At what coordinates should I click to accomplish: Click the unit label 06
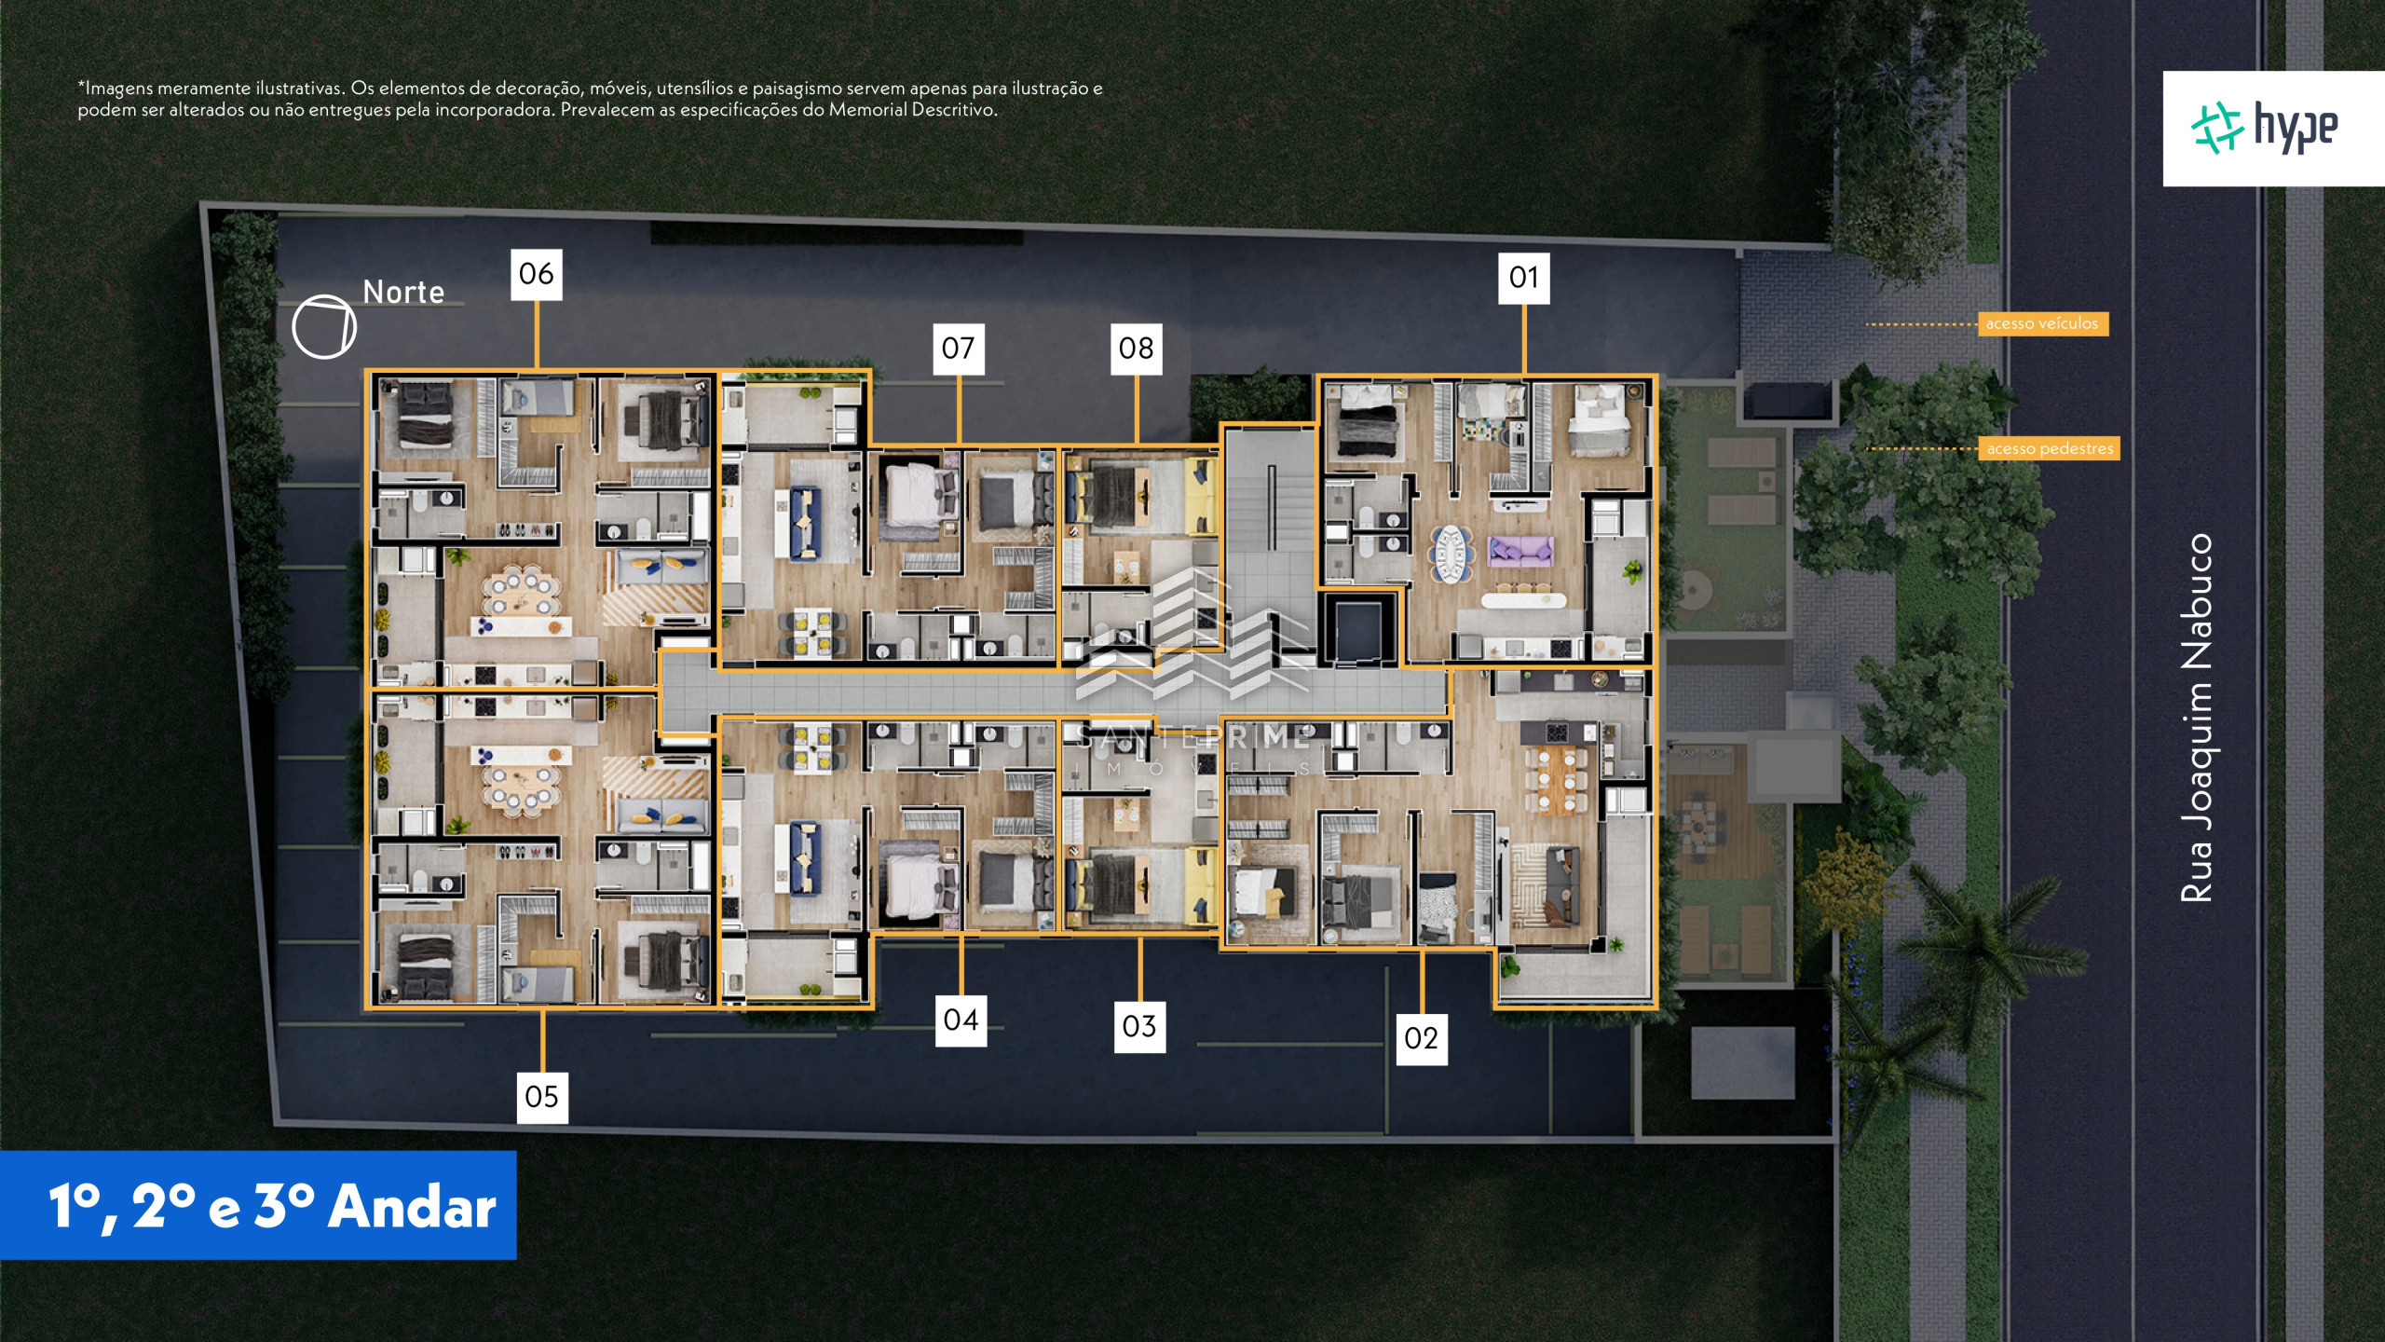pyautogui.click(x=537, y=274)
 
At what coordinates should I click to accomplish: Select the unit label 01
pyautogui.click(x=1524, y=278)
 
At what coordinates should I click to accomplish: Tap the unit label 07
pyautogui.click(x=959, y=349)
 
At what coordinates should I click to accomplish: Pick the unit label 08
pyautogui.click(x=1137, y=349)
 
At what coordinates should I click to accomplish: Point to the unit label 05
pyautogui.click(x=542, y=1097)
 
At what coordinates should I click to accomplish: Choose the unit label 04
pyautogui.click(x=961, y=1020)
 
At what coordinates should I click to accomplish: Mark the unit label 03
pyautogui.click(x=1139, y=1026)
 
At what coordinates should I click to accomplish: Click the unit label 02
pyautogui.click(x=1422, y=1038)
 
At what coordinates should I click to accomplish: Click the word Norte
pyautogui.click(x=403, y=293)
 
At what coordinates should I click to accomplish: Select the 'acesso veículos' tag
pyautogui.click(x=2042, y=323)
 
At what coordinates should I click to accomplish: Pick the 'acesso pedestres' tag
pyautogui.click(x=2050, y=448)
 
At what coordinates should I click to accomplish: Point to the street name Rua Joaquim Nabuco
pyautogui.click(x=2196, y=718)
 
